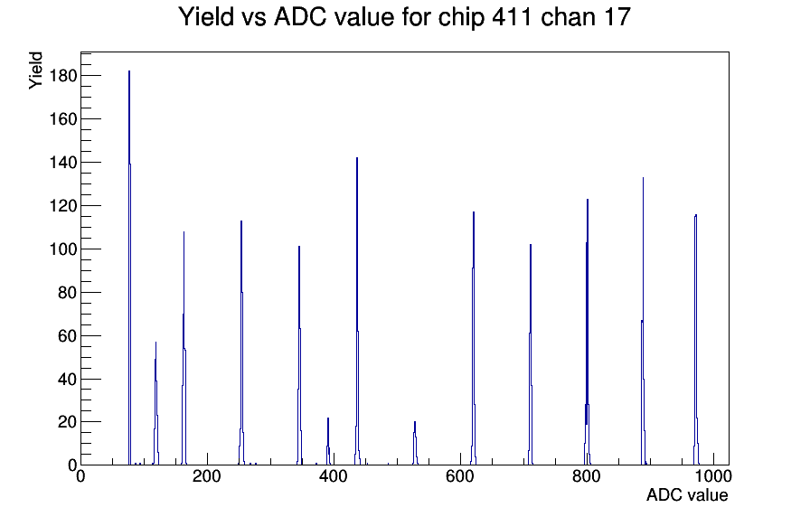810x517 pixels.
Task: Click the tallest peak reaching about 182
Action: pos(129,268)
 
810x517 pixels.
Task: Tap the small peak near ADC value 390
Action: pos(328,442)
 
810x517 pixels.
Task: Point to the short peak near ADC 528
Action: pos(415,443)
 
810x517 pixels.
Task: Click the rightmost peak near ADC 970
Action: pos(696,340)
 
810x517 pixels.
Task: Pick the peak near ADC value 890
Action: pos(643,321)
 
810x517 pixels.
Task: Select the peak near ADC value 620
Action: pos(473,338)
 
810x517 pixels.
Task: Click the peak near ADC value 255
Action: pos(241,343)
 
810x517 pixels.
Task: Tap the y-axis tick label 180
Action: pos(63,76)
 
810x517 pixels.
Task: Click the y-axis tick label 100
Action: pos(63,249)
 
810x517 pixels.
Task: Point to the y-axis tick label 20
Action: pos(67,422)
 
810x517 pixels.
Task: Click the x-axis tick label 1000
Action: pos(713,476)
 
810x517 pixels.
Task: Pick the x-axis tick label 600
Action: pos(460,476)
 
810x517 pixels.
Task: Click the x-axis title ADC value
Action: pos(687,494)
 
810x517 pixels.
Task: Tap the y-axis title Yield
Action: pos(35,70)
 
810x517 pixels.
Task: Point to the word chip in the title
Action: pos(462,18)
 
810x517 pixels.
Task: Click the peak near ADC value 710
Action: pos(531,354)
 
